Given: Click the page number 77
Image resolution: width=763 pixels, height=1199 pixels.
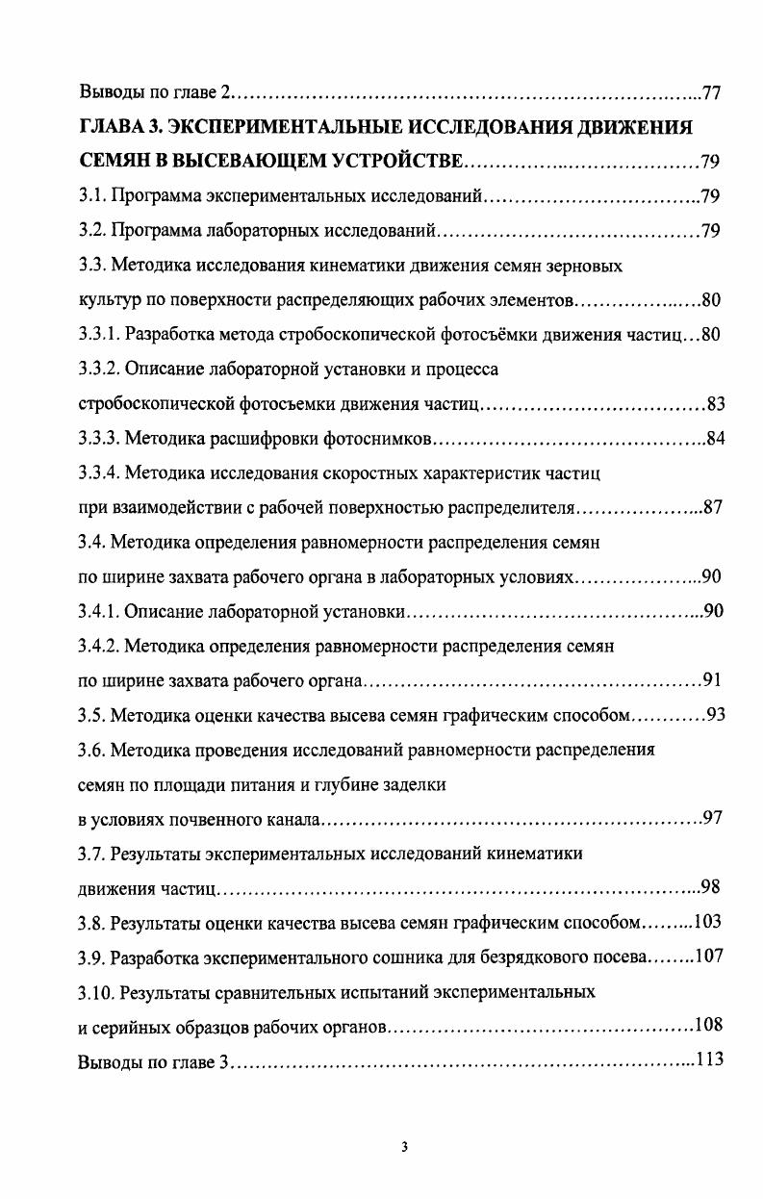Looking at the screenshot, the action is click(x=712, y=93).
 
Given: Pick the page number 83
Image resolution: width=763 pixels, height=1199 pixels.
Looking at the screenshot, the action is click(x=714, y=404).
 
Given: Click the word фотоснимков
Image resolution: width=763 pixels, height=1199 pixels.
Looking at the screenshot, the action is click(x=379, y=439).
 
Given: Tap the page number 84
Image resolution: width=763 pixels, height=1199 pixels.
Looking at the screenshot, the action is click(x=714, y=439).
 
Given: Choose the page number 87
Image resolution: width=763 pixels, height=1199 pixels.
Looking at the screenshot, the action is click(x=712, y=508).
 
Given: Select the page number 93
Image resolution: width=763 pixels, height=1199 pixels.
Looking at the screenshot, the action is click(x=714, y=715).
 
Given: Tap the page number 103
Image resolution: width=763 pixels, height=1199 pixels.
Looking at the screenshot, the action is click(x=707, y=923).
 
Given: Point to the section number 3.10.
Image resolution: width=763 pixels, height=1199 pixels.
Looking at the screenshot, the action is click(x=95, y=991).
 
